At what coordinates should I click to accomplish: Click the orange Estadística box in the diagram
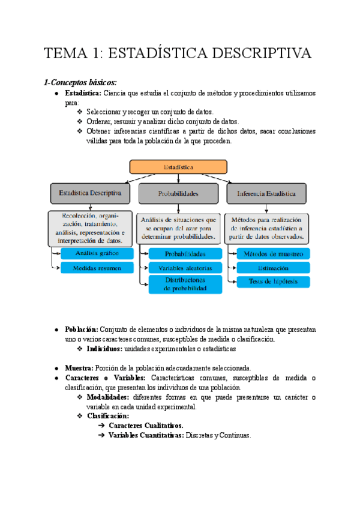178,167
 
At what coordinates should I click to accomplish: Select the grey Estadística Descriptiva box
90,193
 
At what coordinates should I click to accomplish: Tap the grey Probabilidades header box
178,193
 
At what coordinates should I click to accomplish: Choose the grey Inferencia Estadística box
266,193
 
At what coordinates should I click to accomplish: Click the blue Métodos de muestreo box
273,253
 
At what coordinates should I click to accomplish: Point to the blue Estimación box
273,268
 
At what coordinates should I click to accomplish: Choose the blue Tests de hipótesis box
273,282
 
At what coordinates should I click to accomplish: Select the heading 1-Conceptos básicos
80,82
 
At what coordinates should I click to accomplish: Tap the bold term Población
82,330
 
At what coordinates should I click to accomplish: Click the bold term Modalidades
107,397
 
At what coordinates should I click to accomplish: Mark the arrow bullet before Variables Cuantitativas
101,436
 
